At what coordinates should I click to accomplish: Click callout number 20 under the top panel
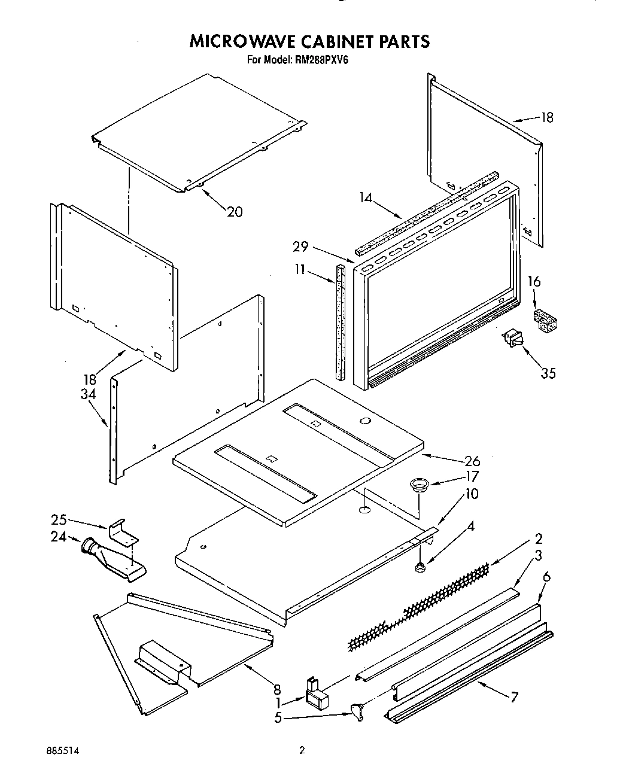click(235, 211)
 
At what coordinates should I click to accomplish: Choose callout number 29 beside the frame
click(301, 246)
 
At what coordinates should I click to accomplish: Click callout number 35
click(548, 373)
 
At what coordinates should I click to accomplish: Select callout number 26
click(472, 461)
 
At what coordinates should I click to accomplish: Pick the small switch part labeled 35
click(513, 339)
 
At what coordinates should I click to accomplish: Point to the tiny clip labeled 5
click(357, 712)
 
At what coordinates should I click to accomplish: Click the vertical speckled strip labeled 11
click(341, 322)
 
